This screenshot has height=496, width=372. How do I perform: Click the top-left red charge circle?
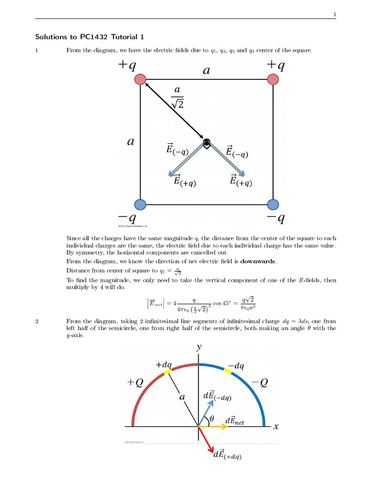(x=140, y=79)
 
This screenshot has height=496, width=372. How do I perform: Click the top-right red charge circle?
(x=273, y=79)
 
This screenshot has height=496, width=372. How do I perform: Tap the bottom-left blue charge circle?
(x=140, y=204)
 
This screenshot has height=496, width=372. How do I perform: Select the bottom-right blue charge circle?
(x=273, y=204)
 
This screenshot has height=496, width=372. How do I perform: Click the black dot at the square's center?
(x=207, y=142)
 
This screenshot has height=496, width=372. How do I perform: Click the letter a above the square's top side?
(x=207, y=71)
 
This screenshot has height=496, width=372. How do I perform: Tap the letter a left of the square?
(x=129, y=142)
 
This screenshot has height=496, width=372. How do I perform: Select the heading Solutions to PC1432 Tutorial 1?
(x=90, y=37)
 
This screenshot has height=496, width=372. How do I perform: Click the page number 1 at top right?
(x=334, y=14)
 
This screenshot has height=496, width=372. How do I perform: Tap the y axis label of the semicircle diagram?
(x=199, y=347)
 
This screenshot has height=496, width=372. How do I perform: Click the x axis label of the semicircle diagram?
(x=276, y=427)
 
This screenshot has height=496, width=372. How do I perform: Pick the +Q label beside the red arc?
(x=135, y=382)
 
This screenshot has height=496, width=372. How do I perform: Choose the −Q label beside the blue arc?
(x=260, y=382)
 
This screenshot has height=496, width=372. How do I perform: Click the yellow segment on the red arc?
(x=167, y=372)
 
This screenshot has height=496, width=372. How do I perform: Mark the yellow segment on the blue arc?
(x=229, y=372)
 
